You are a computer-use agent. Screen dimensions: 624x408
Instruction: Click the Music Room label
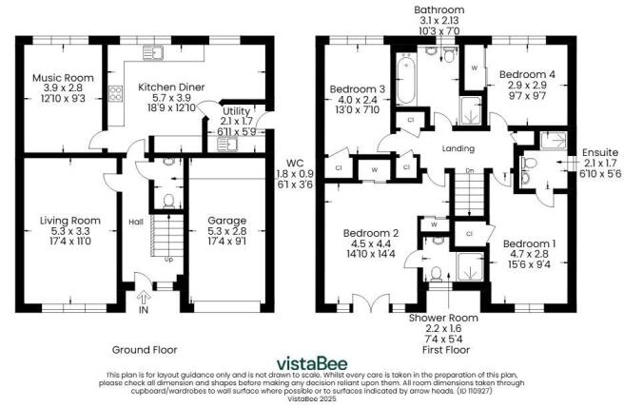coord(63,78)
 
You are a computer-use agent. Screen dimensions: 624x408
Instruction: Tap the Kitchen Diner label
coord(171,87)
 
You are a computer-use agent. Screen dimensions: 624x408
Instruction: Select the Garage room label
coord(226,221)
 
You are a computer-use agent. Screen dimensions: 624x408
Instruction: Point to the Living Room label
coord(70,221)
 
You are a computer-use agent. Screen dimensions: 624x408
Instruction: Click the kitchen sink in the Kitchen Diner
coord(153,53)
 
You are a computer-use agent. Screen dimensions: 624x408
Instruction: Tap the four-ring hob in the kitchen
coord(115,93)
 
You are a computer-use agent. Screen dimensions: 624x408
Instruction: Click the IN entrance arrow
coord(144,297)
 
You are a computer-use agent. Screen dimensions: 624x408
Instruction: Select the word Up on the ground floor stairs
coord(169,260)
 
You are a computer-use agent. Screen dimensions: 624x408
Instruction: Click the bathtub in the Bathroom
coord(406,79)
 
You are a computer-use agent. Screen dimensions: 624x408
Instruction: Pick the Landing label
coord(458,148)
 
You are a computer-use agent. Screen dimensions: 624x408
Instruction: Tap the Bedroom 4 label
coord(527,74)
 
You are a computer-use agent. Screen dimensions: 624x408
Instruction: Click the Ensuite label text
coord(600,152)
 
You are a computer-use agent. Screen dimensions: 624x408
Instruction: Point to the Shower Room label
coord(443,318)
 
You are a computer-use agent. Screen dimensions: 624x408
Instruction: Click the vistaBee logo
coord(312,363)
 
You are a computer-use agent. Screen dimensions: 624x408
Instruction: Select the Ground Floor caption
coord(145,350)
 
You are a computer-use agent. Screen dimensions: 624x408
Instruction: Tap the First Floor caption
coord(446,350)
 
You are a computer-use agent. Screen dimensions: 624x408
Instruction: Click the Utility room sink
coord(226,145)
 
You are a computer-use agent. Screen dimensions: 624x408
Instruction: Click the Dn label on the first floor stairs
coord(470,171)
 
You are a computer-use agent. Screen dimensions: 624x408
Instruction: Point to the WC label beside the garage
coord(295,163)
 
